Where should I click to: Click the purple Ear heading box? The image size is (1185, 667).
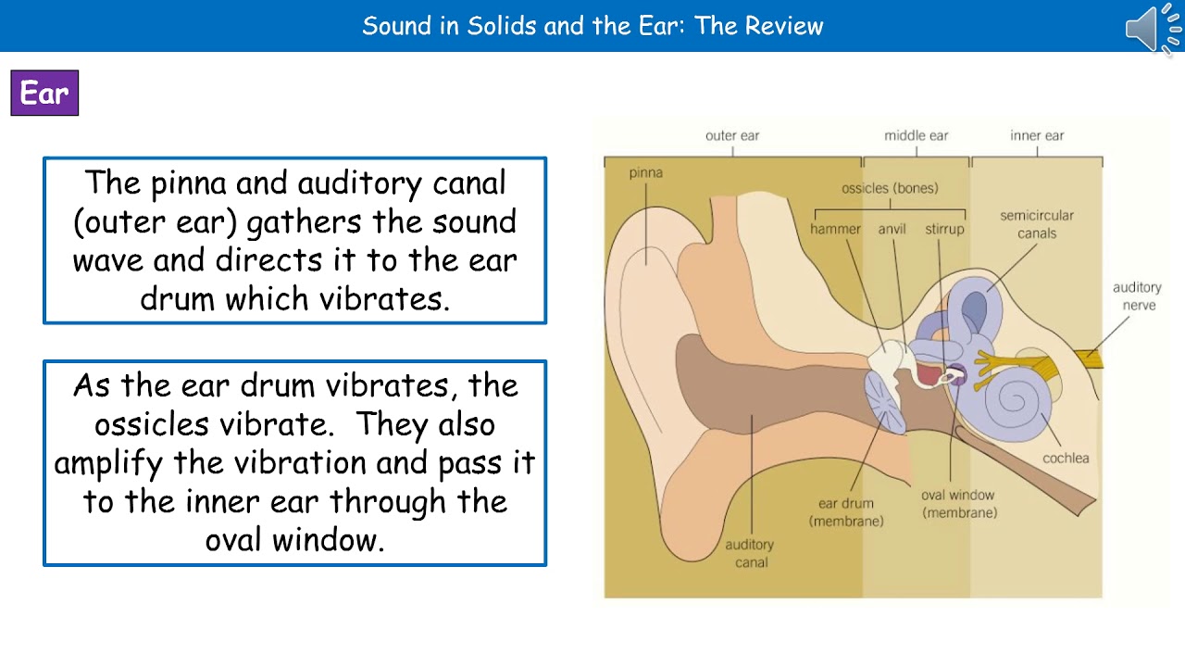tap(44, 94)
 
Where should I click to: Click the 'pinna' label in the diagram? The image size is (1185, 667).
tap(645, 173)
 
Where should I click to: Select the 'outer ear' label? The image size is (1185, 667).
tap(732, 136)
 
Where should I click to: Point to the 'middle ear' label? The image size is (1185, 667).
tap(916, 136)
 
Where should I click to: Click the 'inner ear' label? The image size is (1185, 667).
tap(1037, 136)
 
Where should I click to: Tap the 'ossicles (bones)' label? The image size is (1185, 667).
tap(889, 189)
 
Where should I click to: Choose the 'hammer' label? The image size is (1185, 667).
tap(835, 229)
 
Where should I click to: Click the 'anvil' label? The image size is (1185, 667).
tap(892, 229)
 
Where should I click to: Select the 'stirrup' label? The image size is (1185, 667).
tap(944, 229)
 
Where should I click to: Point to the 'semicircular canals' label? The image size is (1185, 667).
tap(1037, 224)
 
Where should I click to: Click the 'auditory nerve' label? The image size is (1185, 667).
tap(1137, 296)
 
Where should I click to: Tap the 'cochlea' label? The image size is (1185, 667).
tap(1066, 458)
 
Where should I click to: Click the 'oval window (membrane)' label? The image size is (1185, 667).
tap(959, 504)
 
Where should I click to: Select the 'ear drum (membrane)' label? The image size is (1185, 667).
tap(846, 512)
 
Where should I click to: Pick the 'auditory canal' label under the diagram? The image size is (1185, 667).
tap(750, 553)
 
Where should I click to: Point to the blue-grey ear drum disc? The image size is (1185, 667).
tap(886, 402)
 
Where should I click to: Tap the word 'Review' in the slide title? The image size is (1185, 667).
tap(784, 26)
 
